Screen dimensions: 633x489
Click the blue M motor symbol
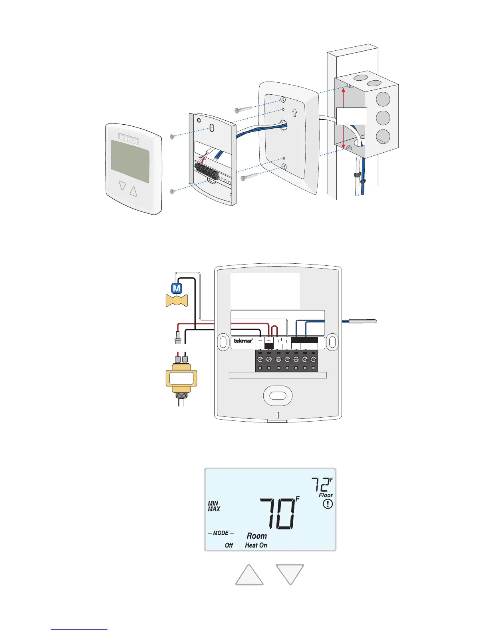click(x=177, y=288)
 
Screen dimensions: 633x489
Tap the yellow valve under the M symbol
click(x=177, y=301)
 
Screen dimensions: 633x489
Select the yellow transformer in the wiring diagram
click(x=181, y=378)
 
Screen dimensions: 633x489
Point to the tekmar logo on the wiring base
click(x=243, y=341)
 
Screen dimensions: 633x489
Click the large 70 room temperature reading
click(x=279, y=514)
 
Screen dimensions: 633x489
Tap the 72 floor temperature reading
click(x=320, y=485)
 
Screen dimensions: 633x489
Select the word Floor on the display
click(x=326, y=496)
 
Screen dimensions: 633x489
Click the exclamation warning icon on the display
click(x=328, y=504)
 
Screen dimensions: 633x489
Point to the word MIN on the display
click(x=213, y=504)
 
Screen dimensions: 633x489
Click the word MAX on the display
click(x=214, y=509)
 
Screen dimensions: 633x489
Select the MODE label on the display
click(x=221, y=533)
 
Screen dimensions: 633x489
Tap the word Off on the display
click(x=229, y=545)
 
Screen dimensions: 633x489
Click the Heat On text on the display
click(x=256, y=545)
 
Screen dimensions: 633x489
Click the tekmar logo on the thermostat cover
click(x=129, y=139)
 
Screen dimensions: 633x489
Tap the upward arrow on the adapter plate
click(x=294, y=113)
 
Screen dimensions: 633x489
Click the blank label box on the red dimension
click(x=352, y=116)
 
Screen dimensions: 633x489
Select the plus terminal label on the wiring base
click(x=269, y=340)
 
